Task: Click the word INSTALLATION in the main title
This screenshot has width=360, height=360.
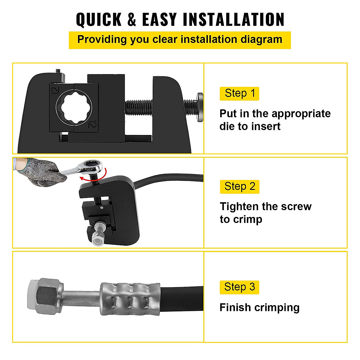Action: [x=233, y=20]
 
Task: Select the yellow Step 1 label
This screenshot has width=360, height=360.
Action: [x=239, y=94]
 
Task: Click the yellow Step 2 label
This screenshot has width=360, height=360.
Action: [x=239, y=187]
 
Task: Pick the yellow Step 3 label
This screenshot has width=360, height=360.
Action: [x=239, y=287]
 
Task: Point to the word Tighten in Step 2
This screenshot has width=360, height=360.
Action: [x=239, y=206]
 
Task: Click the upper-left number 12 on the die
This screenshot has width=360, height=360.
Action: [x=55, y=91]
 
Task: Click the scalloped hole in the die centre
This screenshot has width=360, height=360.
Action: [x=74, y=107]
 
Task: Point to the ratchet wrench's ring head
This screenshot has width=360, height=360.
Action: [x=93, y=165]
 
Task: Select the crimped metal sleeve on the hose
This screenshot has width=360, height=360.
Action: [x=130, y=298]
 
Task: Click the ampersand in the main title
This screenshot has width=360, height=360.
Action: [x=132, y=20]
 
